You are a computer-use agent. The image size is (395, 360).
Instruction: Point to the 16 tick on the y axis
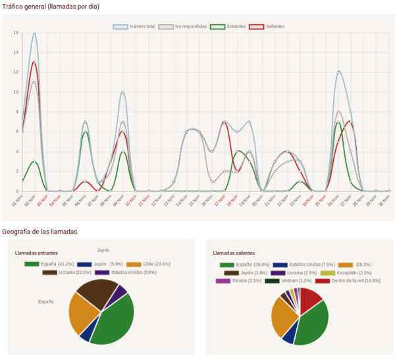(16, 32)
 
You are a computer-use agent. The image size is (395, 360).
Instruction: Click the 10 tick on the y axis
(16, 92)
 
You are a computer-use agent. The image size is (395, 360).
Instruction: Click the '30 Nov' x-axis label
(384, 200)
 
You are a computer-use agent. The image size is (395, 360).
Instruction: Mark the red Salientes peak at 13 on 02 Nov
(34, 63)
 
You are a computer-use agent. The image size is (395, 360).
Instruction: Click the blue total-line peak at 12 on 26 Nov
(338, 72)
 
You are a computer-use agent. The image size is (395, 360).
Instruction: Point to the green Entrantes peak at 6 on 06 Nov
(85, 132)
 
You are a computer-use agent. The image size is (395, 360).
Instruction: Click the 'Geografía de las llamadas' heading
(39, 232)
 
